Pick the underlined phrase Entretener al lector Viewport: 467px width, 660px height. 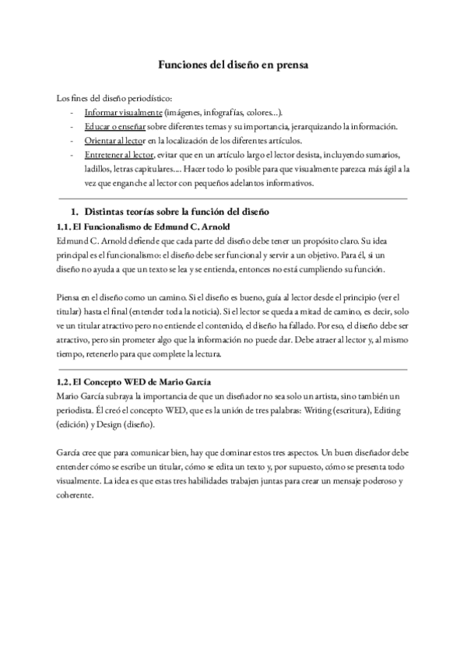118,155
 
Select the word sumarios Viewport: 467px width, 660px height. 382,155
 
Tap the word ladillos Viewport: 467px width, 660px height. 99,169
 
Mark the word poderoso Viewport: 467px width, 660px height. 380,481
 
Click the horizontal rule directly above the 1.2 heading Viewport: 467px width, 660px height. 233,368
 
